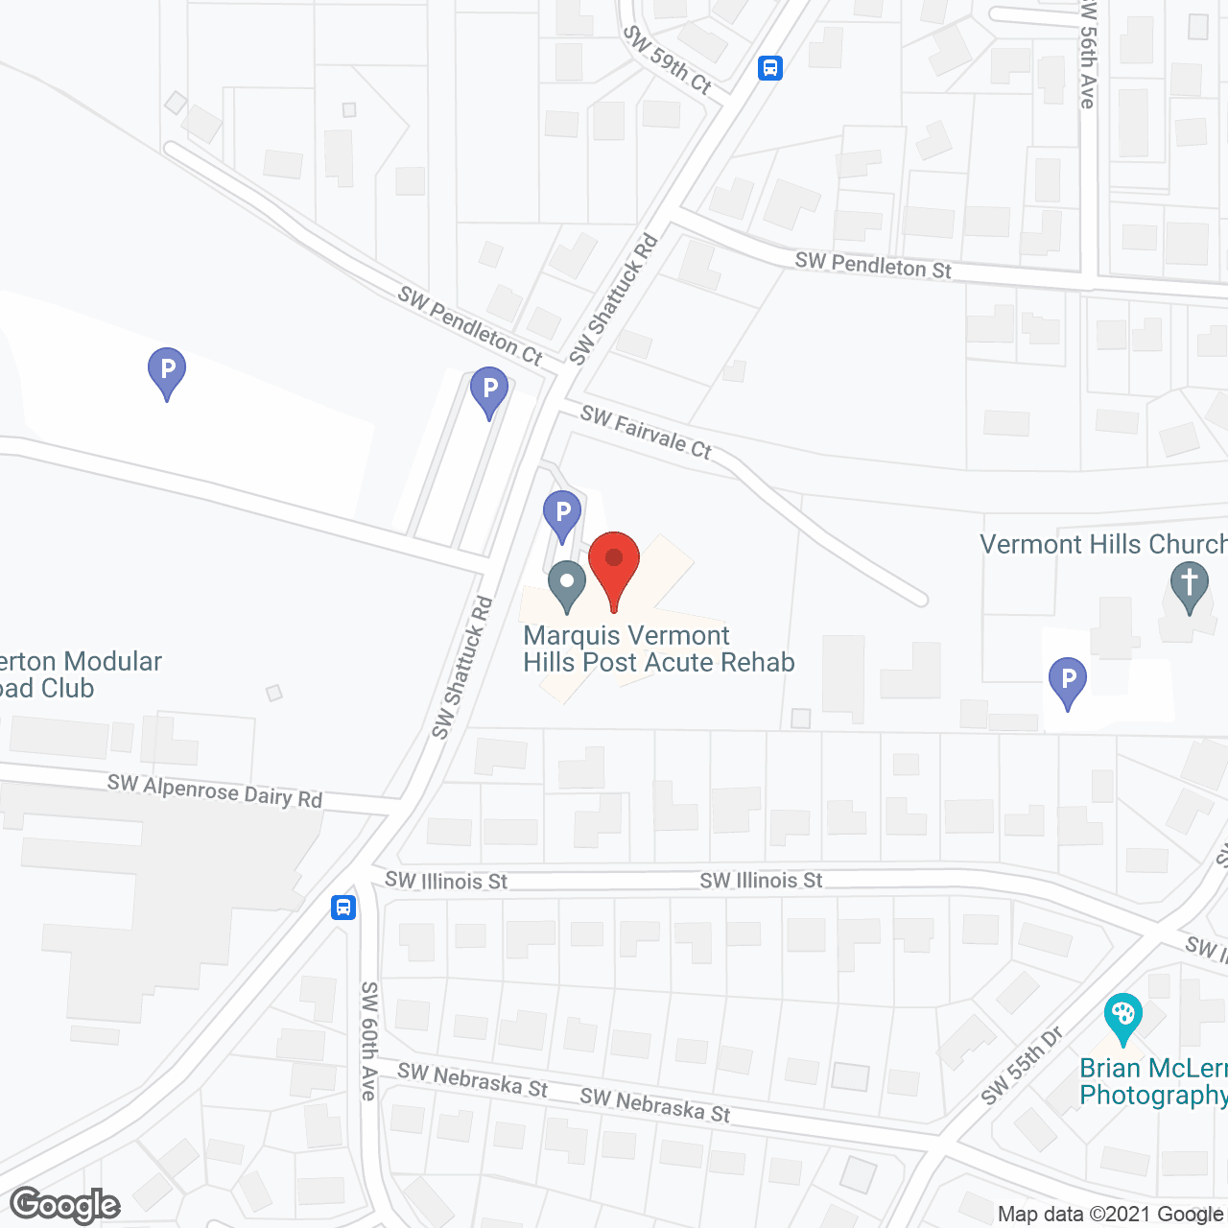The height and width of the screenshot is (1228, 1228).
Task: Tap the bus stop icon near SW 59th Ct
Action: click(x=770, y=68)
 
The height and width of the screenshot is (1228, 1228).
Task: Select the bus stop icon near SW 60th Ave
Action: click(x=343, y=907)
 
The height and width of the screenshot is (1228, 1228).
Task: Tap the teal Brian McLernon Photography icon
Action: click(x=1122, y=1017)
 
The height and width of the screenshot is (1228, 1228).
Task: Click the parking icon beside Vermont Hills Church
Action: click(x=1067, y=681)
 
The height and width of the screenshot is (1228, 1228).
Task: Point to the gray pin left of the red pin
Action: click(x=567, y=584)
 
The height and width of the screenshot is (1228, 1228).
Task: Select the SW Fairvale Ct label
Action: click(x=646, y=433)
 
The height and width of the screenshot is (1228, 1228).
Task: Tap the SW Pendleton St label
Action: click(x=873, y=265)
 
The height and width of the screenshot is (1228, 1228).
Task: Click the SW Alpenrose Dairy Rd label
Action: click(x=215, y=791)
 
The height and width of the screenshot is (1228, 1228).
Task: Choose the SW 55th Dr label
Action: click(x=1023, y=1065)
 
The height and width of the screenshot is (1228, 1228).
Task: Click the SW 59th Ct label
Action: click(x=668, y=59)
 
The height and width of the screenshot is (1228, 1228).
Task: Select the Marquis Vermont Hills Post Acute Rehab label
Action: click(x=658, y=649)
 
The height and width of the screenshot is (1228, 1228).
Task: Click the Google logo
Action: click(x=65, y=1205)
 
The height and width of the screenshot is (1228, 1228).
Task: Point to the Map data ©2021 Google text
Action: click(x=1111, y=1215)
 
